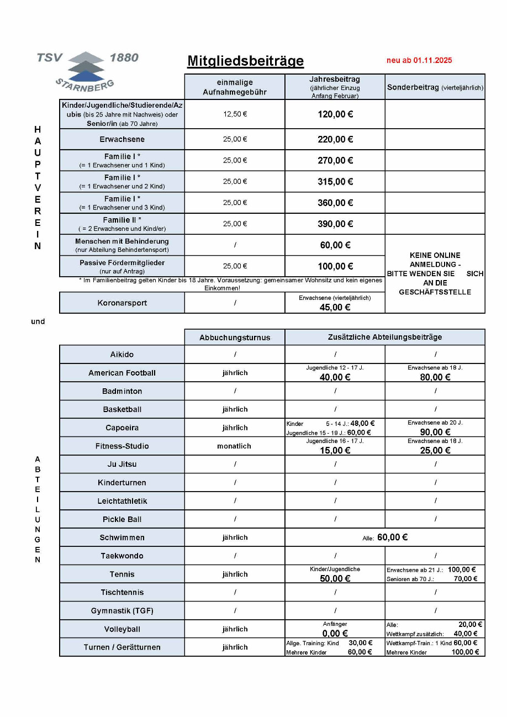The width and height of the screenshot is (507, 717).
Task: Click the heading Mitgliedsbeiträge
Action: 245,61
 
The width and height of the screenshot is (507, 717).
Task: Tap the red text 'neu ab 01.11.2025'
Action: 419,60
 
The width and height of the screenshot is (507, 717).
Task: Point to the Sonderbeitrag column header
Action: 435,87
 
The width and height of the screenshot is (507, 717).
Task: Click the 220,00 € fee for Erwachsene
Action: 335,139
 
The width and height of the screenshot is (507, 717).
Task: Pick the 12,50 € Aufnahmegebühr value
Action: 235,114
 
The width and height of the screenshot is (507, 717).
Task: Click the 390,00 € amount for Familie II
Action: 335,224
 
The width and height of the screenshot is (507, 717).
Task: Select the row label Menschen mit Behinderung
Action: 122,241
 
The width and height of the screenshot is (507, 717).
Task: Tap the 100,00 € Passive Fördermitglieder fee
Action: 335,266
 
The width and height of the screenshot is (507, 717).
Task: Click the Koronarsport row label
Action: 122,303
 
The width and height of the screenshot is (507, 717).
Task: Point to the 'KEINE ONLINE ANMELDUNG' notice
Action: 435,273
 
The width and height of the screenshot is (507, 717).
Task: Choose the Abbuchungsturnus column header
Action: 235,337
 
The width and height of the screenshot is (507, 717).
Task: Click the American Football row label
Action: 122,373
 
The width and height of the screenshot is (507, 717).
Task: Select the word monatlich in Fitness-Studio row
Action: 235,446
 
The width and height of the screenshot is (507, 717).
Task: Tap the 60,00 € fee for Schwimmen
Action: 392,537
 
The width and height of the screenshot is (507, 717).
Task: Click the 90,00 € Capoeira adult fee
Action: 435,432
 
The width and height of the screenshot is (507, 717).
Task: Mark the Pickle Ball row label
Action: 122,519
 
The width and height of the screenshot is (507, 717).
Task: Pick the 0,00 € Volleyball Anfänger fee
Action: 335,634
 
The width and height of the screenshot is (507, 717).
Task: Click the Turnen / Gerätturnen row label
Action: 122,647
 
